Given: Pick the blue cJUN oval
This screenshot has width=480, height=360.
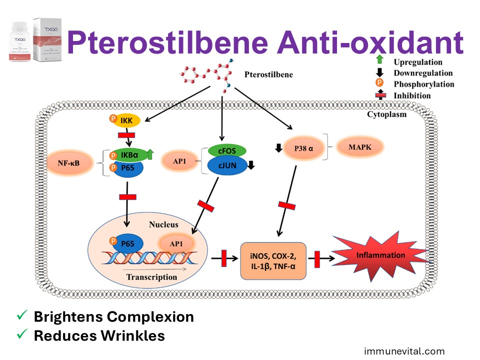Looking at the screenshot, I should tap(226, 166).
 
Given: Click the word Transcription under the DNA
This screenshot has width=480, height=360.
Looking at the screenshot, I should tap(151, 276).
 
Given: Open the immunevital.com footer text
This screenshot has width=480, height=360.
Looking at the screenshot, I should tap(404, 351).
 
